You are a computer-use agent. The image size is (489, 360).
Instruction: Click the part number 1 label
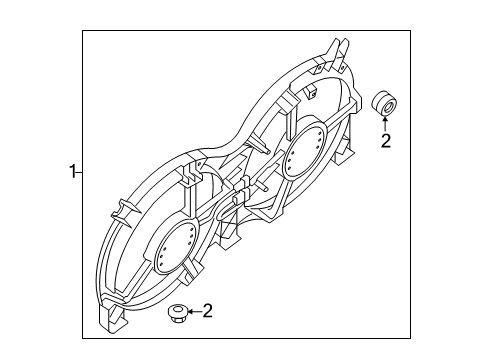[x=72, y=171]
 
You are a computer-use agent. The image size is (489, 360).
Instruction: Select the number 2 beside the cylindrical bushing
[x=385, y=141]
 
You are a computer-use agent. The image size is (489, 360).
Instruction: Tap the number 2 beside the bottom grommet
[x=208, y=312]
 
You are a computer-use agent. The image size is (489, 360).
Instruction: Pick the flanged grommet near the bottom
[x=176, y=315]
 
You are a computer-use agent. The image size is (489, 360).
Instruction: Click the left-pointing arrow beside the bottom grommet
[x=193, y=313]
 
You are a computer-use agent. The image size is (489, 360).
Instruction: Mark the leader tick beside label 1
[x=81, y=171]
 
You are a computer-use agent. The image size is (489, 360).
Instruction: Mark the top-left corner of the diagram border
[x=83, y=32]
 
